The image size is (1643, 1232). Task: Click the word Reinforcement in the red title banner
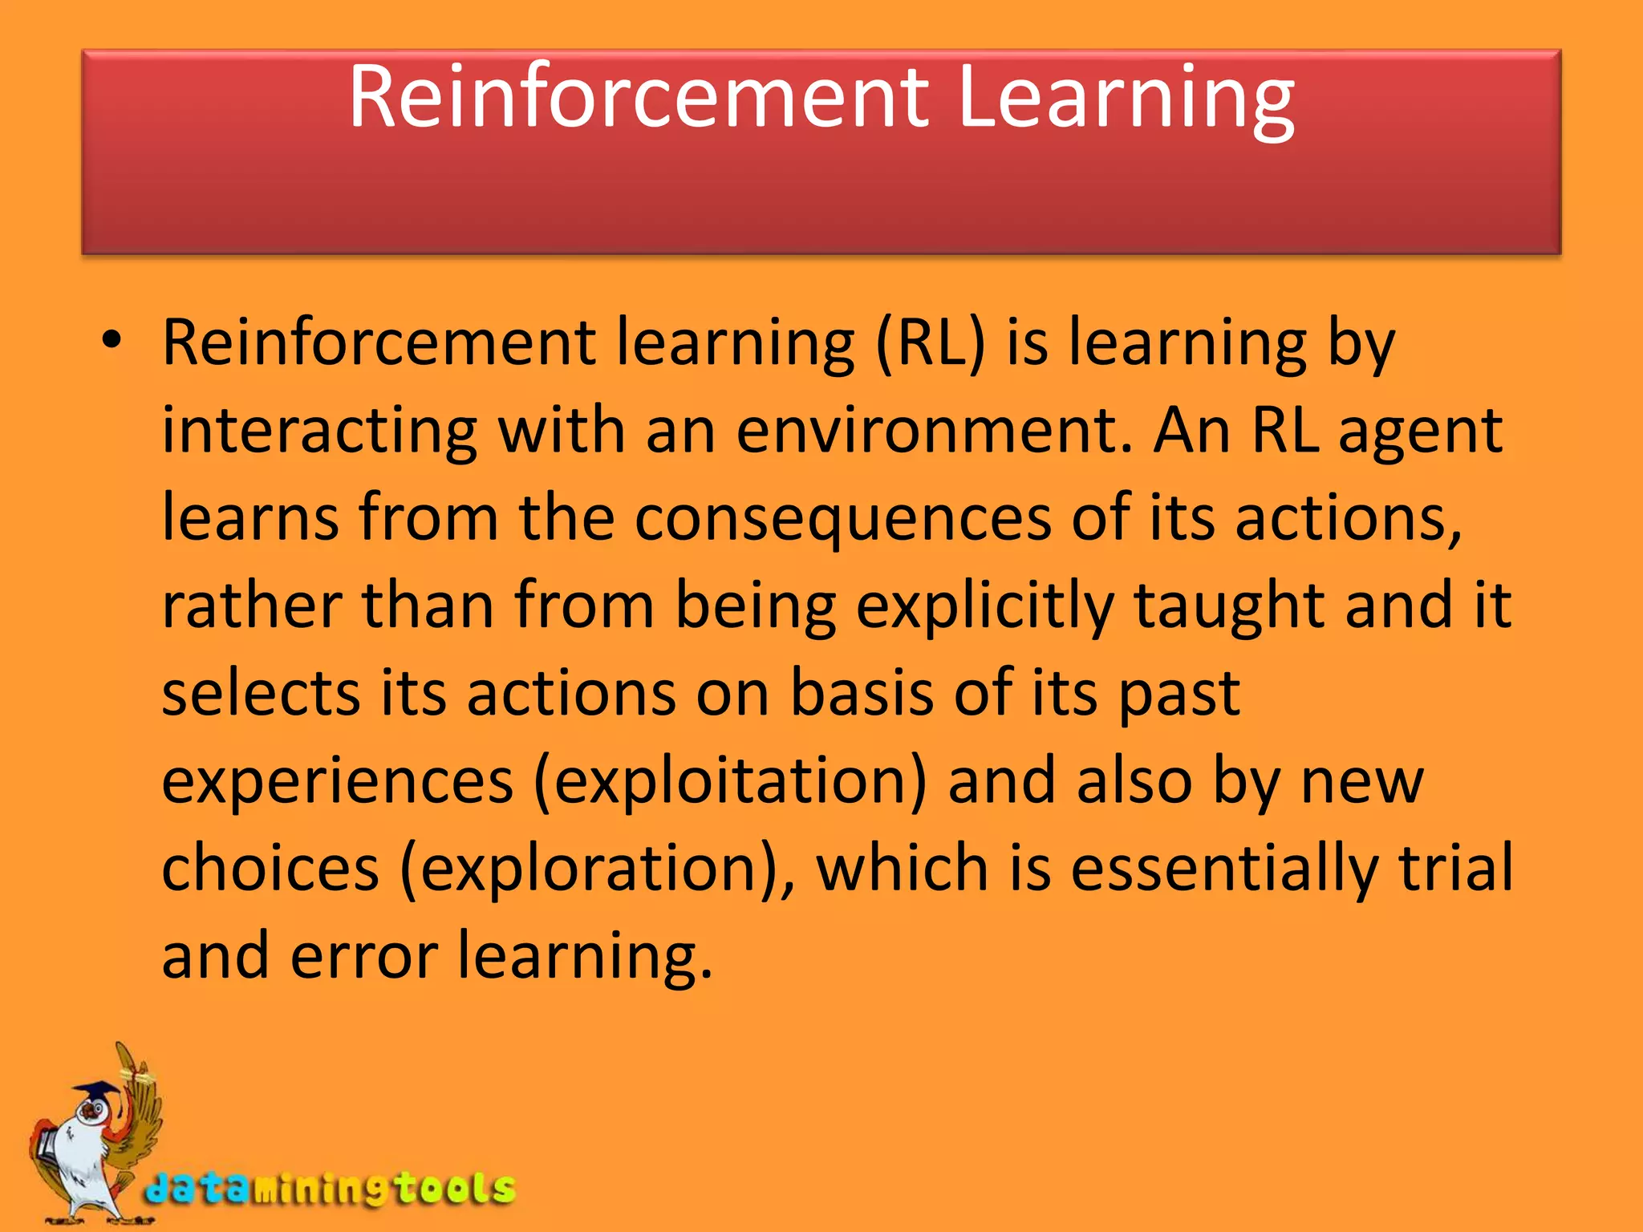tap(639, 98)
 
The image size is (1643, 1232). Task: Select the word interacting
tap(319, 432)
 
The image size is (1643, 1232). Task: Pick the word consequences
tap(842, 519)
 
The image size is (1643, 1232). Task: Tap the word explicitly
tap(985, 607)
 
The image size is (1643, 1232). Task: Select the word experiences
tap(338, 782)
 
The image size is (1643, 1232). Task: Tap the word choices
tap(270, 869)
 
